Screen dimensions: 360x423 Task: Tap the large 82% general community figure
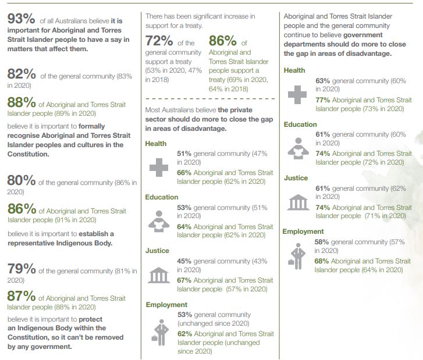(x=21, y=74)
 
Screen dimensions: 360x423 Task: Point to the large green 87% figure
(x=22, y=297)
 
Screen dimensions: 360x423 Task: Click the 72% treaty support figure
(x=159, y=42)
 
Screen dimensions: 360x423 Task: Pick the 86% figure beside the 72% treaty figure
(x=223, y=42)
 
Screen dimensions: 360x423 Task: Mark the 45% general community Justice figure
(x=184, y=261)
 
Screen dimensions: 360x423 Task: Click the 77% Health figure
(x=323, y=100)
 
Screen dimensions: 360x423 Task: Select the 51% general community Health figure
(x=184, y=154)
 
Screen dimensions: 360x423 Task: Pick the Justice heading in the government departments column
(x=296, y=178)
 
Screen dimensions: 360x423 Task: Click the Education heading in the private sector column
(x=162, y=197)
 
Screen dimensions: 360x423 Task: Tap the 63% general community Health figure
(x=323, y=80)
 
